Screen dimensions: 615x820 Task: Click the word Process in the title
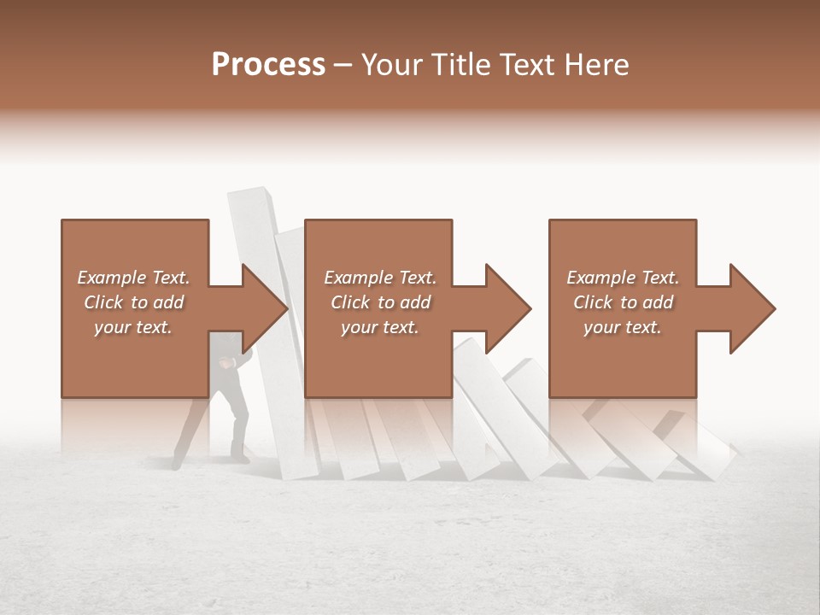coord(268,64)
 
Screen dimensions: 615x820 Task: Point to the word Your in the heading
coord(391,64)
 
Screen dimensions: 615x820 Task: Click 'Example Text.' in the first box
coord(133,278)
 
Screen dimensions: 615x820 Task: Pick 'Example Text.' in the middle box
coord(380,278)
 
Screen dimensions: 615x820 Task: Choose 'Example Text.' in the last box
coord(623,278)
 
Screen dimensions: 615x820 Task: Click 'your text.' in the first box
coord(133,327)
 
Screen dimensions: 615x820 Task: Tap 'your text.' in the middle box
coord(380,327)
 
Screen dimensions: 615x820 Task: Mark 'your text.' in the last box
coord(623,327)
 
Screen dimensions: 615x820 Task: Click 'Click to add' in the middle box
coord(380,302)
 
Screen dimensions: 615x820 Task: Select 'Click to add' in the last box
coord(623,302)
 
